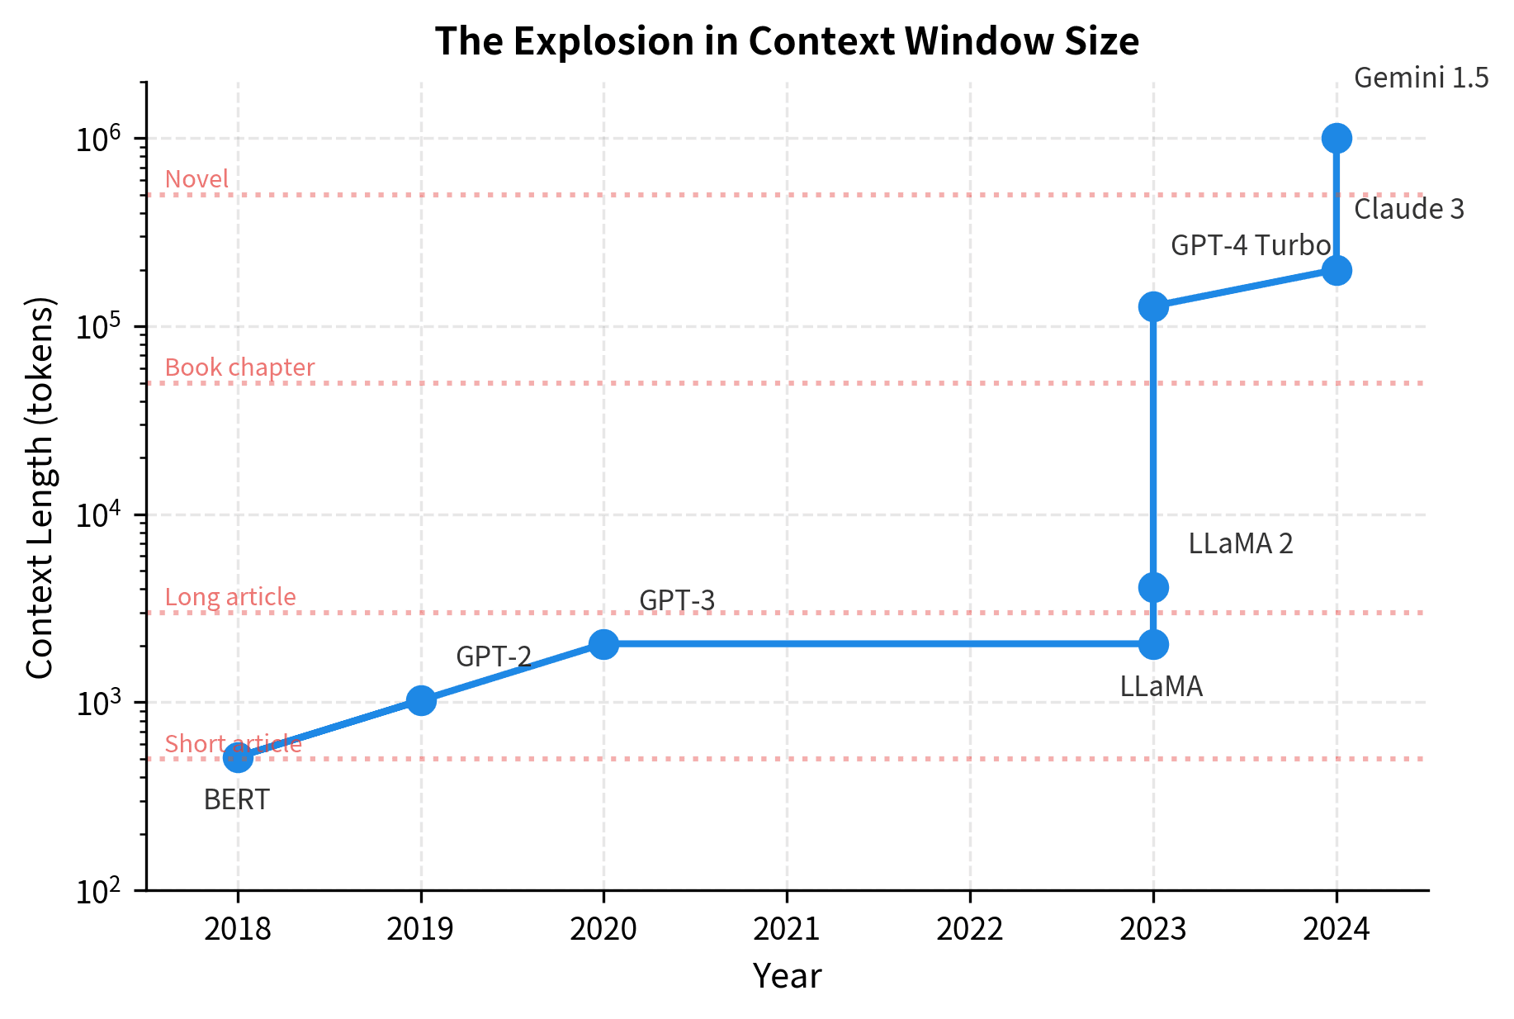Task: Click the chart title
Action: click(787, 41)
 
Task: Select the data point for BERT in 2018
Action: click(238, 756)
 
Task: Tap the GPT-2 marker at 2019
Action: click(421, 700)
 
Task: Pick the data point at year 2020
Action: click(603, 644)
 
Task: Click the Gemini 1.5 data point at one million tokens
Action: click(1337, 138)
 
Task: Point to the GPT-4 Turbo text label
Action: click(1251, 245)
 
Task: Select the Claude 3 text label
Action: click(1409, 209)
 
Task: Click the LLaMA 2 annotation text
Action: click(1241, 543)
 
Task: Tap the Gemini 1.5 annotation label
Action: click(1422, 78)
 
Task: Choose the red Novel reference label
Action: click(196, 179)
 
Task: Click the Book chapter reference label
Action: click(239, 367)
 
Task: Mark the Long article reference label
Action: click(230, 597)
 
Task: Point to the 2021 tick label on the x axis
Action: click(787, 930)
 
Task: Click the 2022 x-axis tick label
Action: click(970, 930)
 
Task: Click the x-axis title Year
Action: click(787, 976)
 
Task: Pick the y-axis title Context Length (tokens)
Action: click(40, 487)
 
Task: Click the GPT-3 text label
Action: click(677, 600)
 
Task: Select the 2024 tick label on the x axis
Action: click(1337, 930)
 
